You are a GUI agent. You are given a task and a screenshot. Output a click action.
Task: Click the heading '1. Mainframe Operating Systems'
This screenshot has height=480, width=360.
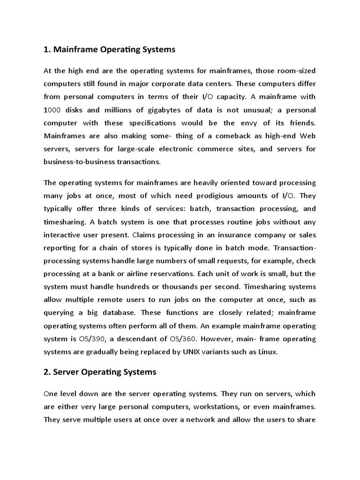109,49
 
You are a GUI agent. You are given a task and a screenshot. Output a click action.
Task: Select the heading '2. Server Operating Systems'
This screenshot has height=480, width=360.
100,372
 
